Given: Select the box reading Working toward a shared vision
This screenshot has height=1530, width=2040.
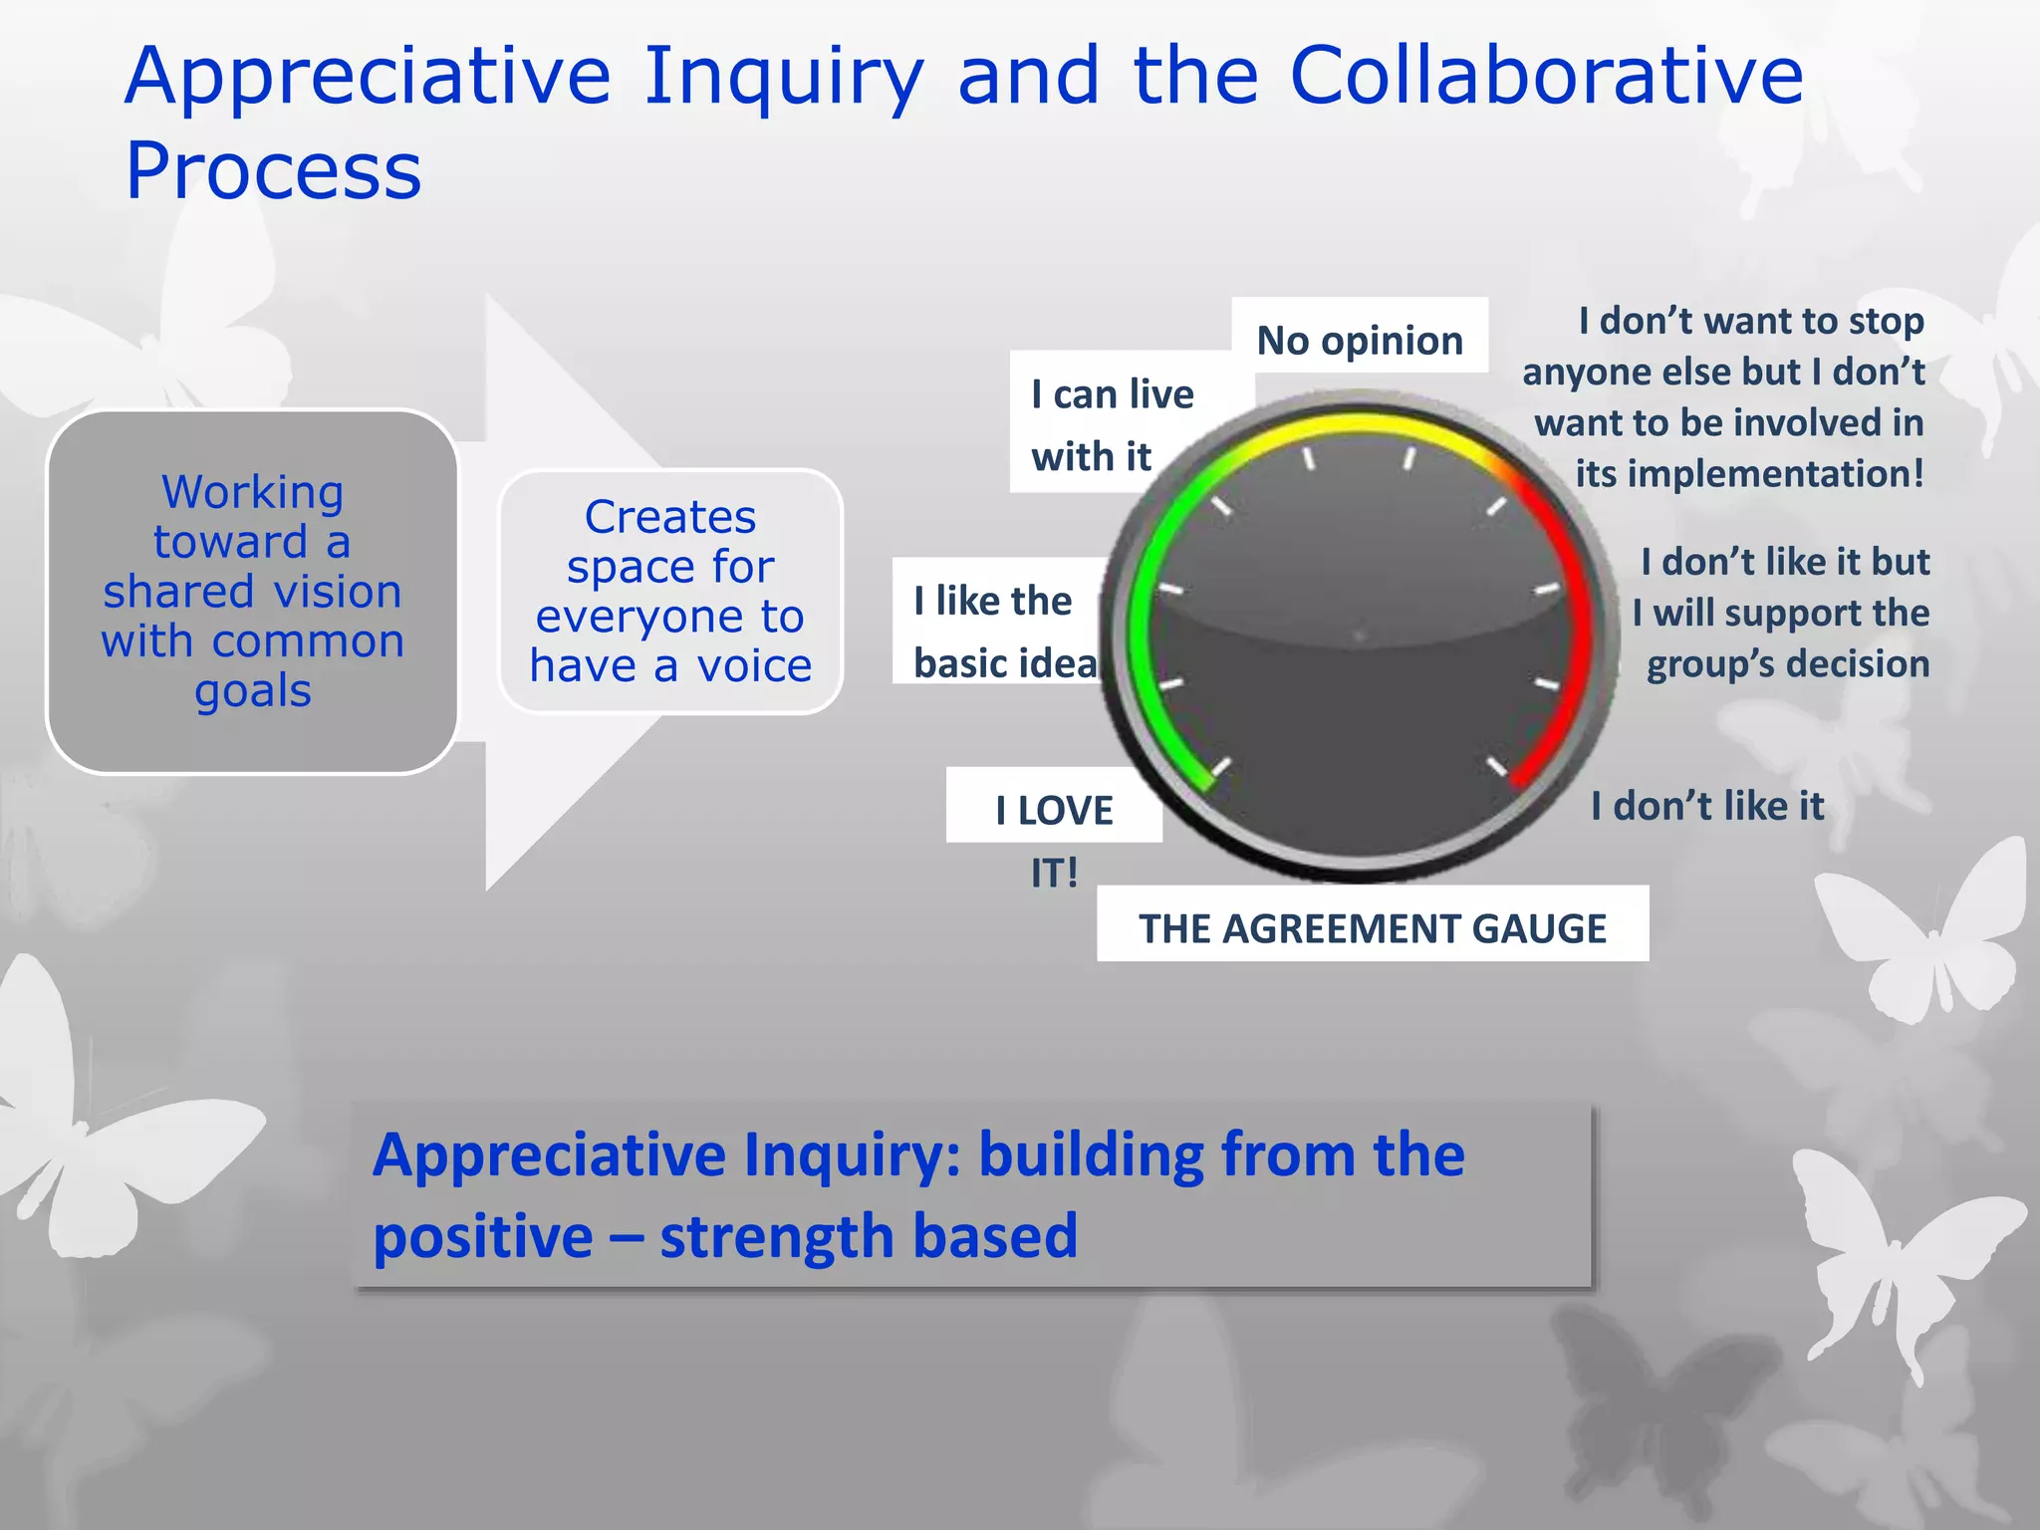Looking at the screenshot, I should click(x=252, y=592).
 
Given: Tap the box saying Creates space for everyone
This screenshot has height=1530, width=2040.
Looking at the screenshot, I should click(x=670, y=592).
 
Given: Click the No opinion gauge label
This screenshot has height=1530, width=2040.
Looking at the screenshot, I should click(x=1360, y=340).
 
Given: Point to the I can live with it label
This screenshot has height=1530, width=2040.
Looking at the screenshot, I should click(x=1112, y=424).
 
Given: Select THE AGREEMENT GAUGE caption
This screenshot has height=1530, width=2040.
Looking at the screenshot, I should click(x=1372, y=928).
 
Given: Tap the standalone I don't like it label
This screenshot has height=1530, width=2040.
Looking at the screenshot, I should click(x=1706, y=806).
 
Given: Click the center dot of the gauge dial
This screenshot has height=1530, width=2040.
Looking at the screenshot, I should click(x=1360, y=636).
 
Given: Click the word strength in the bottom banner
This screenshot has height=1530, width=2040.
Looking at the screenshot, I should click(x=774, y=1236).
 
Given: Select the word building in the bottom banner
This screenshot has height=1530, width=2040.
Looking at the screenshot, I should click(x=1090, y=1154).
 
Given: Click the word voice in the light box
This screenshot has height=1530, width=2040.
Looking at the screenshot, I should click(x=754, y=665).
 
